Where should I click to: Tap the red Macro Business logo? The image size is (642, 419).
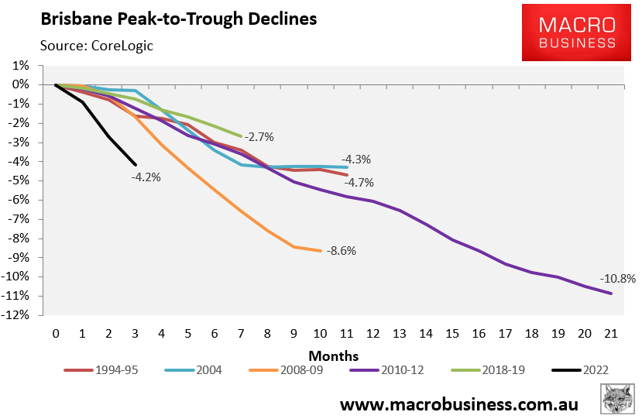579,32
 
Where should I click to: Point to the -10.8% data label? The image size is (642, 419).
616,279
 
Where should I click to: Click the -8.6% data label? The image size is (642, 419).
342,251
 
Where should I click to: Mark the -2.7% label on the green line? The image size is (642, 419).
259,137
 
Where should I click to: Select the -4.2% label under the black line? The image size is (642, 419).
146,177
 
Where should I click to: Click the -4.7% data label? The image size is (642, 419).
359,183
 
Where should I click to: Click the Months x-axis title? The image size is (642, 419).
334,355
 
